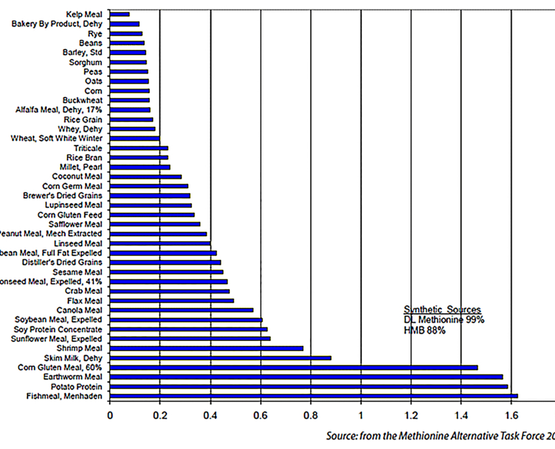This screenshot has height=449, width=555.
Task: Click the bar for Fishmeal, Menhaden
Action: (x=313, y=396)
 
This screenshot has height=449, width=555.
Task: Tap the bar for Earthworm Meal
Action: (x=306, y=377)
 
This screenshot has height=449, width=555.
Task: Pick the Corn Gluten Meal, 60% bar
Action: (x=294, y=368)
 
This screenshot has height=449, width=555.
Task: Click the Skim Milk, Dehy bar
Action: (x=220, y=358)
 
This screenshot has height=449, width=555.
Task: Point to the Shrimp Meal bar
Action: (x=206, y=349)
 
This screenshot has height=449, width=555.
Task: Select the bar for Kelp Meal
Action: (x=120, y=14)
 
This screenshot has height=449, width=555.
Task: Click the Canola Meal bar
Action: (x=181, y=310)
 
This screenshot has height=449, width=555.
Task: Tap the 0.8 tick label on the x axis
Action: (x=311, y=415)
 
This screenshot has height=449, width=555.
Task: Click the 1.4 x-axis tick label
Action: (x=461, y=415)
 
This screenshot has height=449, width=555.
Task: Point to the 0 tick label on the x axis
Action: (x=110, y=415)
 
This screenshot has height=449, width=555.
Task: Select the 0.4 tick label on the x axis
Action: (x=210, y=415)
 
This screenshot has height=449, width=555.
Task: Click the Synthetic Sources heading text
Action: (x=442, y=310)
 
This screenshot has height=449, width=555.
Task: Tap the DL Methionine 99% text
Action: (x=444, y=320)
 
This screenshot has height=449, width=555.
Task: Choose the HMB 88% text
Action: (x=425, y=330)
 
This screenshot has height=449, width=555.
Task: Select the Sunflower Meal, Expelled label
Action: (x=57, y=339)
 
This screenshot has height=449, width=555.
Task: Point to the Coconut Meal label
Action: (x=77, y=177)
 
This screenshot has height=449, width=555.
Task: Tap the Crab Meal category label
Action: (x=83, y=291)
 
